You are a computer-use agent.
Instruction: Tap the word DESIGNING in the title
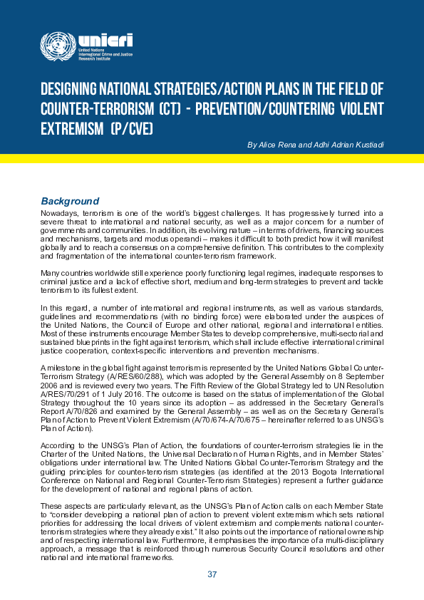(70, 90)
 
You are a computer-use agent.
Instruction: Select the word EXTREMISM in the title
(71, 129)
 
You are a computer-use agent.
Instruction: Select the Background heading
(70, 201)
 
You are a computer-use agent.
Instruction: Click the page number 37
(212, 574)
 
